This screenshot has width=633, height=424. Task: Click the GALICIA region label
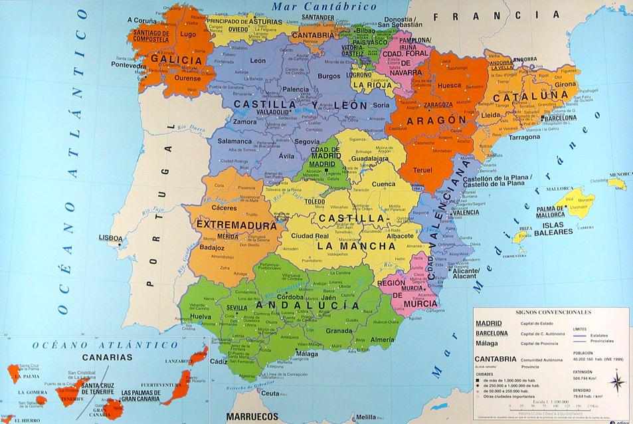176,60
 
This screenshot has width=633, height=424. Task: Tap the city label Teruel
422,169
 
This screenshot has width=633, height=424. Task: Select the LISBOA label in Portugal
110,237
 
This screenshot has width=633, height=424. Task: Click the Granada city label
339,330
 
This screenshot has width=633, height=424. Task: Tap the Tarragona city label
525,138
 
